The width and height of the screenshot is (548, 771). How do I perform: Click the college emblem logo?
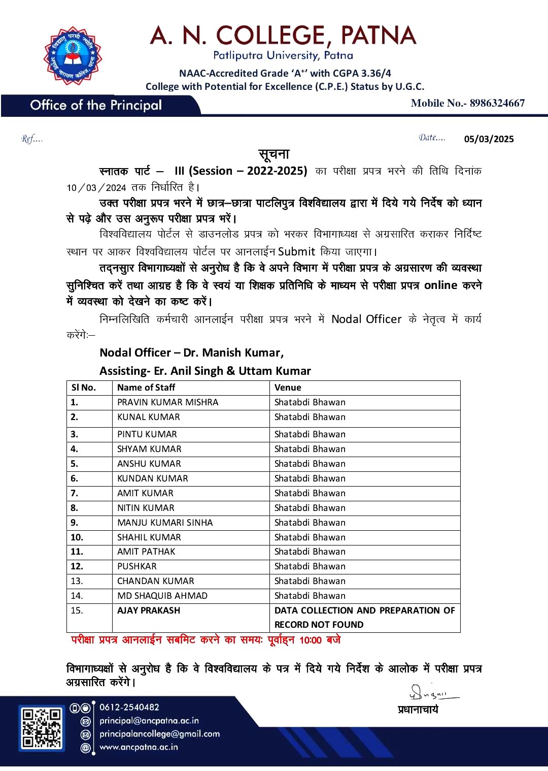point(73,55)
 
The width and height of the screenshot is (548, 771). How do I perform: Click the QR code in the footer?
point(42,728)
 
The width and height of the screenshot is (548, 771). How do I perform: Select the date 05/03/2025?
point(489,139)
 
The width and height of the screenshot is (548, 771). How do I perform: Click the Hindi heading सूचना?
point(274,154)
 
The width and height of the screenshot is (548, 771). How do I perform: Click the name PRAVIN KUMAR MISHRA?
point(167,402)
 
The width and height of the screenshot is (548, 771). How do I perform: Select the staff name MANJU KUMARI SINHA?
point(165,523)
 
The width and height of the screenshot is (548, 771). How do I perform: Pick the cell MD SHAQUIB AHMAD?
point(162,596)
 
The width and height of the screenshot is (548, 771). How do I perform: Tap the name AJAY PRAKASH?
point(149,611)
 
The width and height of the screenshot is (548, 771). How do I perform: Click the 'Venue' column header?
point(288,388)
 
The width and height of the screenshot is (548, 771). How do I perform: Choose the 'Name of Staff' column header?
point(146,388)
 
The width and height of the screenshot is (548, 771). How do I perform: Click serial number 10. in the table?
point(77,537)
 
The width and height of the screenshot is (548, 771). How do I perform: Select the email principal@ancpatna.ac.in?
point(149,721)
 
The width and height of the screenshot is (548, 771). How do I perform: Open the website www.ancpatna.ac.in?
point(139,747)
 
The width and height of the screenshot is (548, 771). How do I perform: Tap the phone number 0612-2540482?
point(129,707)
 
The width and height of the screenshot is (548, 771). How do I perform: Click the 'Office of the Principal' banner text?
point(96,105)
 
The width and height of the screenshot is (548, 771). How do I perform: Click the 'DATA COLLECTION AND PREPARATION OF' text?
point(364,611)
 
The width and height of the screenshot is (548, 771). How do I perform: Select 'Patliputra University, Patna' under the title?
point(283,55)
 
